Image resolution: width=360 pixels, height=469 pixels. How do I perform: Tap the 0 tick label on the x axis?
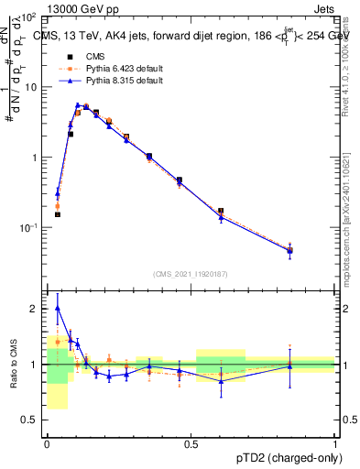[47, 442]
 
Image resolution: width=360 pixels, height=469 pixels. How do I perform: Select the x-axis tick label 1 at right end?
[334, 442]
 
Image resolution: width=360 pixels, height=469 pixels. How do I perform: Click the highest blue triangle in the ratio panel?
[57, 308]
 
